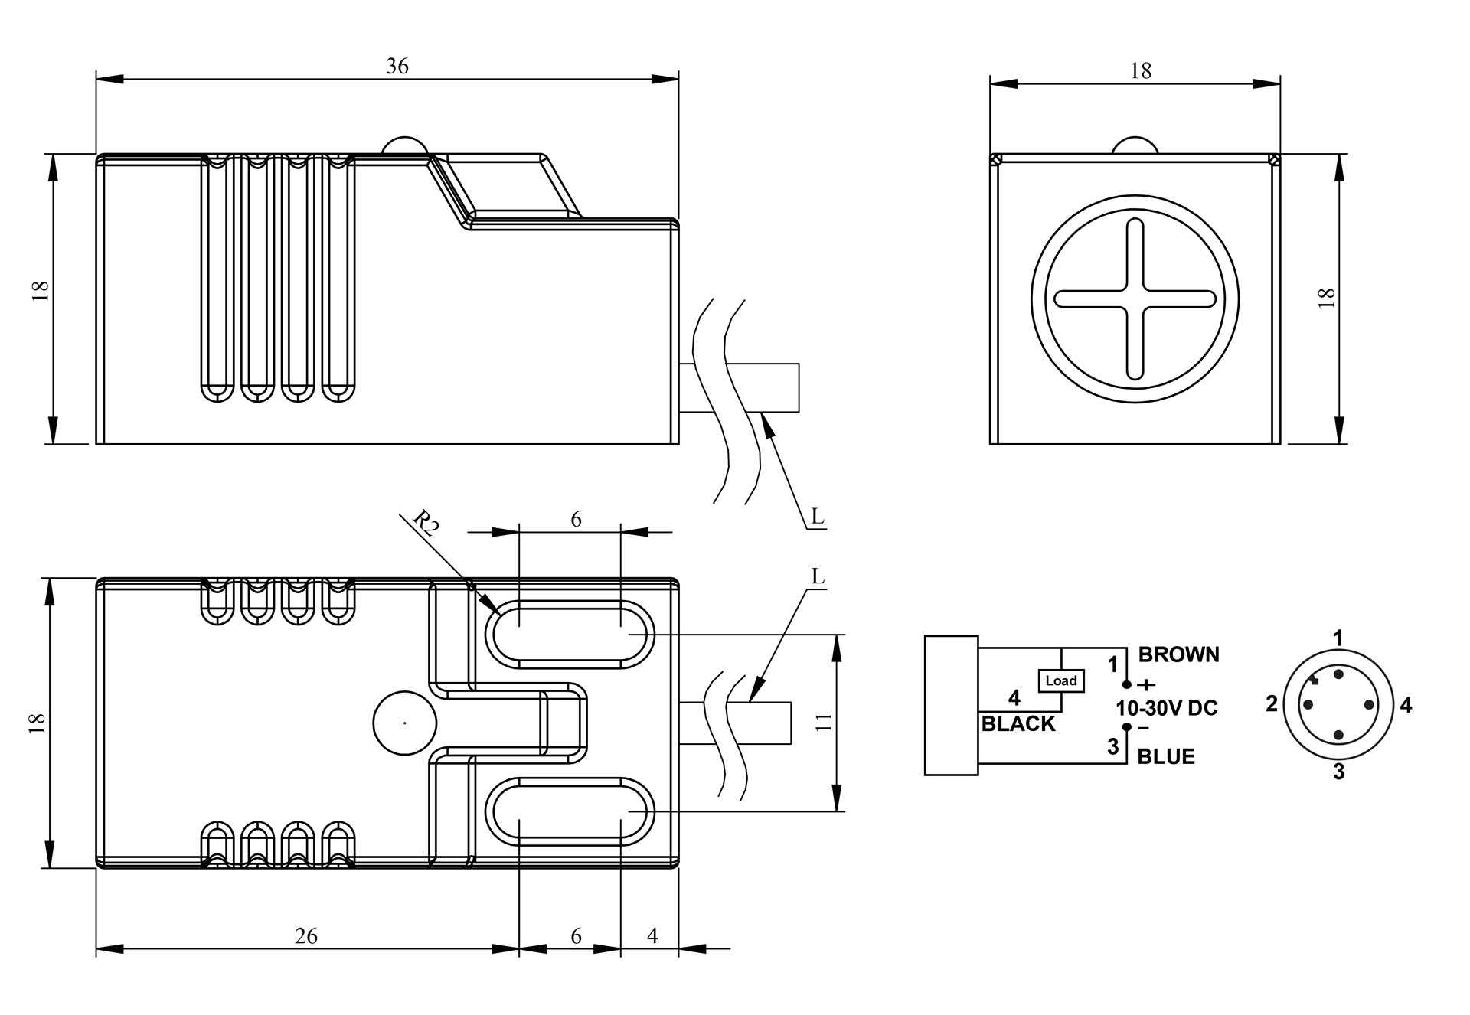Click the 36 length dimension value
(x=397, y=67)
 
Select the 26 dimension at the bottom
(x=306, y=935)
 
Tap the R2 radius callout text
(x=426, y=524)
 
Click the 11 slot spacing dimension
(x=824, y=722)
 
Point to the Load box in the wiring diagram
(x=1061, y=680)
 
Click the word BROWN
(x=1178, y=654)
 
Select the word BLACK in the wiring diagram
(x=1018, y=723)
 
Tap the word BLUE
(x=1166, y=756)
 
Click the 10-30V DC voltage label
(x=1167, y=708)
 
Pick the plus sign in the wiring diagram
(x=1147, y=685)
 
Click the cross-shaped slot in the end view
(x=1135, y=299)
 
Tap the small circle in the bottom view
(x=404, y=723)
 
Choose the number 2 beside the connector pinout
(x=1272, y=703)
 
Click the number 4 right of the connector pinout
(x=1406, y=705)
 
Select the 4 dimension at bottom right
(x=652, y=935)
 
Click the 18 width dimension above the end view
(x=1141, y=71)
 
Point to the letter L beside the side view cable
(x=818, y=517)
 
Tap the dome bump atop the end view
(x=1135, y=145)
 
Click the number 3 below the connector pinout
(x=1338, y=772)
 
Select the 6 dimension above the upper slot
(x=576, y=520)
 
